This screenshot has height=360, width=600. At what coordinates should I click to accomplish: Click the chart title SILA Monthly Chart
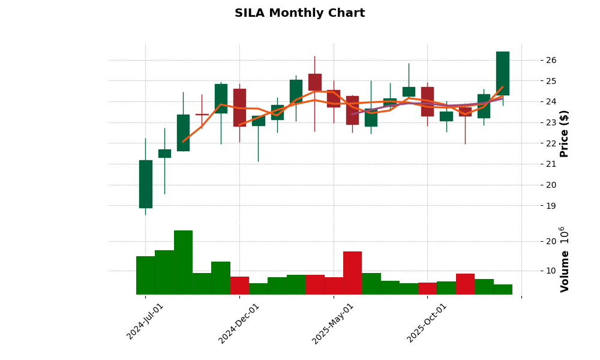299,13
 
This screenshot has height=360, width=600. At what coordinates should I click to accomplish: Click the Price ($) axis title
564,133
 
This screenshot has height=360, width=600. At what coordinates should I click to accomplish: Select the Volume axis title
565,259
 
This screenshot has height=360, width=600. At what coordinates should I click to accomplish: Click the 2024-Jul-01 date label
145,322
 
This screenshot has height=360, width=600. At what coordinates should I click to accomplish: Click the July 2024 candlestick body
145,184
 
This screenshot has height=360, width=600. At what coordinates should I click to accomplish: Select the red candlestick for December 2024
239,107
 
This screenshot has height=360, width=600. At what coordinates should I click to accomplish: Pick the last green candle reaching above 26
503,73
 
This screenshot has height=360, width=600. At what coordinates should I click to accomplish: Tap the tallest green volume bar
183,262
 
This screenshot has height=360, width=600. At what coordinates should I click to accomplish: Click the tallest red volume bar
352,273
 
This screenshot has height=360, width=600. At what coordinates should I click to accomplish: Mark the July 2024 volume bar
145,275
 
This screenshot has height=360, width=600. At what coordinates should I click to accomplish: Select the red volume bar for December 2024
239,286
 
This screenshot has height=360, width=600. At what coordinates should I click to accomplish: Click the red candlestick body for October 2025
427,101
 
